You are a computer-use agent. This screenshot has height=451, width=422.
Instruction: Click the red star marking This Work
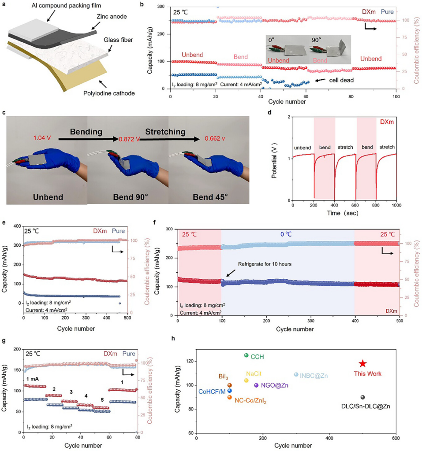click(x=362, y=363)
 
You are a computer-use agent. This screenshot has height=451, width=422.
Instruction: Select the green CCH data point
click(x=246, y=355)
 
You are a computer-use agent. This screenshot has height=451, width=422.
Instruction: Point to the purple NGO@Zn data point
click(x=256, y=385)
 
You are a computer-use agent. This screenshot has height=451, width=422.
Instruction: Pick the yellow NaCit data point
click(x=246, y=381)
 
